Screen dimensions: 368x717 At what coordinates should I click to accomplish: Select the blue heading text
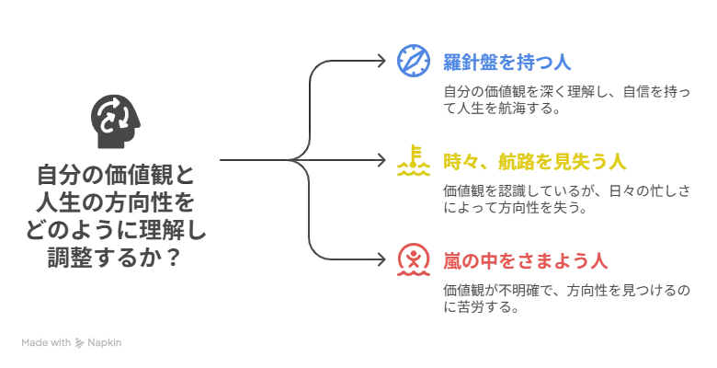[x=506, y=64]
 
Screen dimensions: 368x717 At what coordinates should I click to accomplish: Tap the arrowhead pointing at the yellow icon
[x=385, y=160]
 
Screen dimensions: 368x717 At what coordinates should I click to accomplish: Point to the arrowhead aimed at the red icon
[x=385, y=260]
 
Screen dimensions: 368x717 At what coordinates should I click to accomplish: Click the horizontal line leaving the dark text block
[x=253, y=160]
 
